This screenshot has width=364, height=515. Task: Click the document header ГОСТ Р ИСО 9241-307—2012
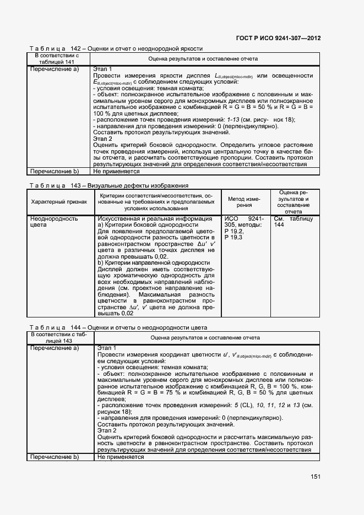click(x=279, y=39)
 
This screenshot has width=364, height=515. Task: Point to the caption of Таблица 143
click(x=108, y=185)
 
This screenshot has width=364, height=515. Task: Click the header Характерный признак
click(x=59, y=201)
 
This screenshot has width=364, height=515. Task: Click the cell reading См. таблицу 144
click(x=293, y=222)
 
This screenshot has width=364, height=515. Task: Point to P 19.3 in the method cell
click(x=233, y=237)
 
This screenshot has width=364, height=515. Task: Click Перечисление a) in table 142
click(x=55, y=69)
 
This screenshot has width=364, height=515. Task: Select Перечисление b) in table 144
click(x=55, y=457)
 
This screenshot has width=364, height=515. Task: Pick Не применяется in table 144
click(x=121, y=457)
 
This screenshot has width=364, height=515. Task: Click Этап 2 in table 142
click(x=103, y=139)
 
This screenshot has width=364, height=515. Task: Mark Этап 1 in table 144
click(x=107, y=348)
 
